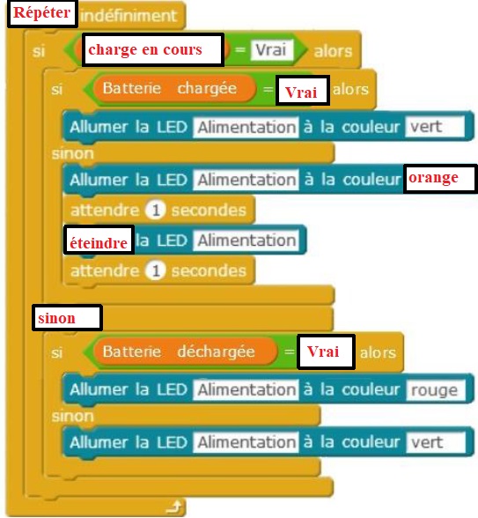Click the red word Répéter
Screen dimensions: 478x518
click(x=41, y=13)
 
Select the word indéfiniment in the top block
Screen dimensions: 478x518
click(x=129, y=16)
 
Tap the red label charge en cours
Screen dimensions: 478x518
click(x=145, y=49)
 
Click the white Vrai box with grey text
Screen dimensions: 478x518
click(x=271, y=50)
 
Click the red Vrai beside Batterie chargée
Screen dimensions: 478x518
click(x=301, y=92)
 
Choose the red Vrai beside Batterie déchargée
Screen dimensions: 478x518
click(x=323, y=351)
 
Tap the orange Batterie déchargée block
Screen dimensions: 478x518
click(x=185, y=351)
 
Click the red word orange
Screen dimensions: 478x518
click(x=433, y=178)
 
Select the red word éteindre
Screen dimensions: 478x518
click(x=99, y=243)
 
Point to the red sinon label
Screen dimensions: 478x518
click(x=56, y=318)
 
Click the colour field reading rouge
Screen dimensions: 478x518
click(x=436, y=390)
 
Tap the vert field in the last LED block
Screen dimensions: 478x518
click(x=436, y=442)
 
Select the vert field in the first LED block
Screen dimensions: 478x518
click(x=435, y=127)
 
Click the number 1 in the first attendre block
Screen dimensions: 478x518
click(x=156, y=210)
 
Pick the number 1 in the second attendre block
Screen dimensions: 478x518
click(x=156, y=271)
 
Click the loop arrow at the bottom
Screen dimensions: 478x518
click(x=174, y=507)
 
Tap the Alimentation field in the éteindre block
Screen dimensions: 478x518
click(x=246, y=240)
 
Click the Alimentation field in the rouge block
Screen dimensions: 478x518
click(x=246, y=389)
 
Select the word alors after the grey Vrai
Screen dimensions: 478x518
click(x=333, y=51)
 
